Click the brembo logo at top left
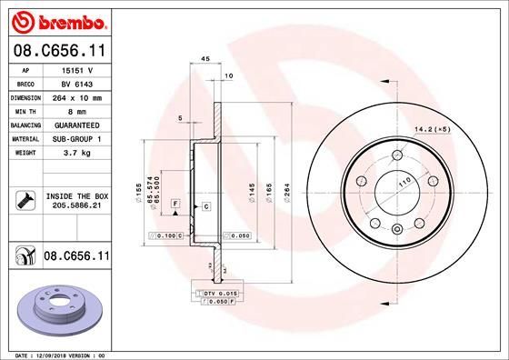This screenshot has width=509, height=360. (x=55, y=19)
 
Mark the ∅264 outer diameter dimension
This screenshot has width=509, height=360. (x=286, y=195)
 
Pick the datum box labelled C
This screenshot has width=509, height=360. (x=206, y=207)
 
